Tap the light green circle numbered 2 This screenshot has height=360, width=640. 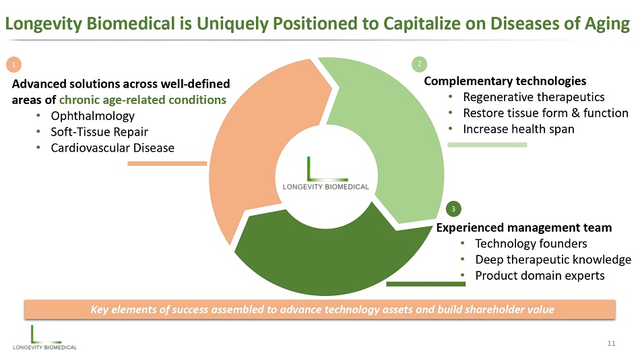click(x=419, y=64)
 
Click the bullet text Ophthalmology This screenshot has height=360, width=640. click(x=92, y=116)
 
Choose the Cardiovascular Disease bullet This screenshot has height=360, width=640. click(x=113, y=148)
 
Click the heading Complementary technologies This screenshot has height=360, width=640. click(x=505, y=81)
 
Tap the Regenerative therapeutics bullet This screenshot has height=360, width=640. click(x=534, y=97)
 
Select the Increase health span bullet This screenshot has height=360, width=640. click(x=518, y=129)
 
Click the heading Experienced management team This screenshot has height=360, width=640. click(x=524, y=227)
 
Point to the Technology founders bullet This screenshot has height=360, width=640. click(x=531, y=243)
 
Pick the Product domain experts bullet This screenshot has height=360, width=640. click(x=540, y=276)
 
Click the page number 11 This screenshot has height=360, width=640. click(x=611, y=344)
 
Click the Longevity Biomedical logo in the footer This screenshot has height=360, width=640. click(x=44, y=337)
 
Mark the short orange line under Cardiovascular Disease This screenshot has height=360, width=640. click(x=167, y=163)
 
